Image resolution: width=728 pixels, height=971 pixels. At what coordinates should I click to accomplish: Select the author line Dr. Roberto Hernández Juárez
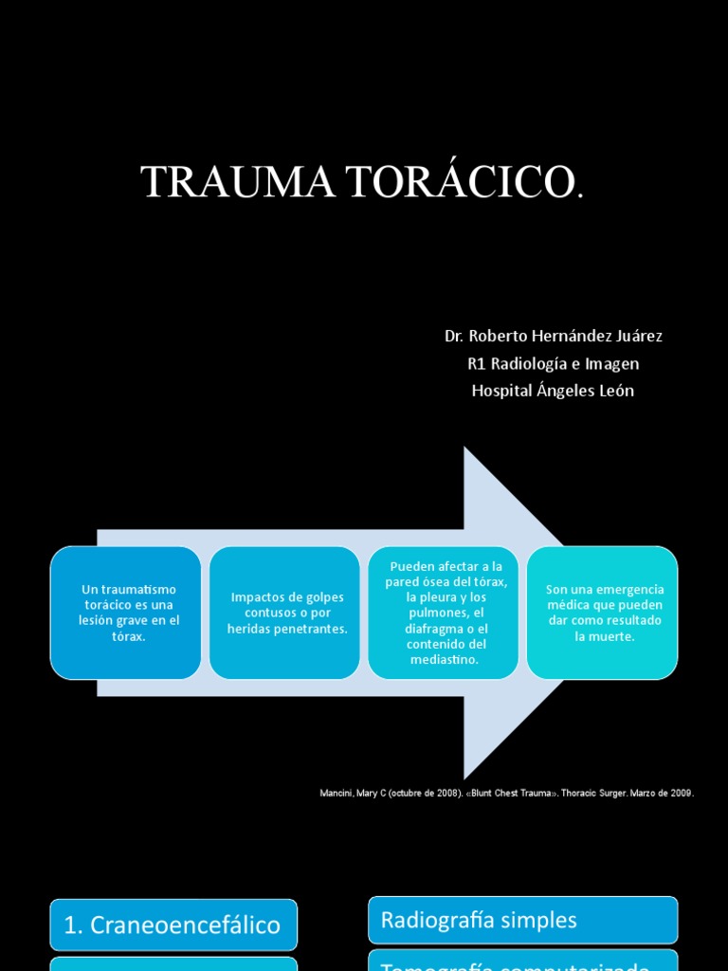point(554,337)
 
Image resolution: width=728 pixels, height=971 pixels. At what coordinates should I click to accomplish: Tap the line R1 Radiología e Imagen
point(554,364)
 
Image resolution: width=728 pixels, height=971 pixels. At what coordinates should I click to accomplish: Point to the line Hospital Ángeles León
point(554,392)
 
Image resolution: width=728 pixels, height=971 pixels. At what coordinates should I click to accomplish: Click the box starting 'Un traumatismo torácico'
point(125,613)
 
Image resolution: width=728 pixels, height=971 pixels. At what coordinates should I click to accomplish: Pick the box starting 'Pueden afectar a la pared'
point(444,613)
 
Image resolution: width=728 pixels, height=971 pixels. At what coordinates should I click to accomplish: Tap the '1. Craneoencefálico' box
point(173,925)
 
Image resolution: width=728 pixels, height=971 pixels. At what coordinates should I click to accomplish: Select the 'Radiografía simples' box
point(522,920)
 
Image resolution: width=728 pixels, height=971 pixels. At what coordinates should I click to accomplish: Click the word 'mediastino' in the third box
point(444,660)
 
